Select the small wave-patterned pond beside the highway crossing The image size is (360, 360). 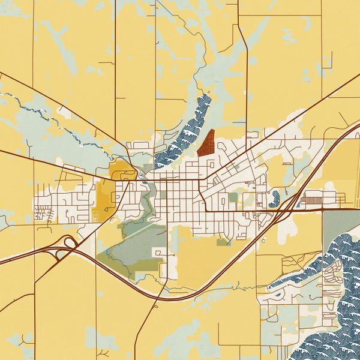click(x=274, y=198)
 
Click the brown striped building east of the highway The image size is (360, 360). click(x=313, y=197)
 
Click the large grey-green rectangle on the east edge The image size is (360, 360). click(x=340, y=226)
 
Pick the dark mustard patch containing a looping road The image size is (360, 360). click(x=122, y=170)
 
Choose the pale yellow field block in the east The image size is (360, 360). click(x=340, y=162)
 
